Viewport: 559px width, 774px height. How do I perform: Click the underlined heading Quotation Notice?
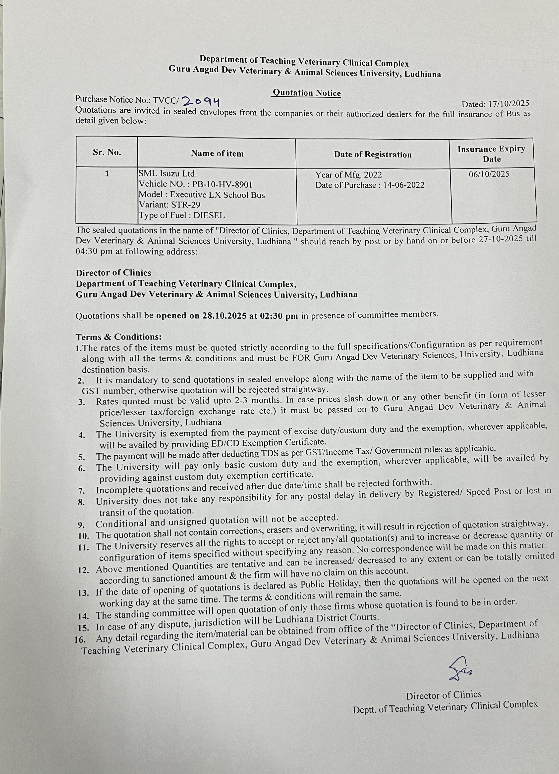pos(306,93)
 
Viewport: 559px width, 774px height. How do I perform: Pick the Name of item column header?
pos(217,154)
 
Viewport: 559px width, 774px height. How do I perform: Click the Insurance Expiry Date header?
pos(491,154)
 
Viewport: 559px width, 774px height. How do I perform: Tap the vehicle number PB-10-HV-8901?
pos(222,185)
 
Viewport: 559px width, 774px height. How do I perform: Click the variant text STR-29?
pos(185,205)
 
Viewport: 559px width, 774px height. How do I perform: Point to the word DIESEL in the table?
pos(209,215)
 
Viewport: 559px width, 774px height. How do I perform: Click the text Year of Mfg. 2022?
pos(348,175)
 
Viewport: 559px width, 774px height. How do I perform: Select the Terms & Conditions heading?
pos(118,337)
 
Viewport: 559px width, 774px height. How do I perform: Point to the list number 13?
pos(83,593)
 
